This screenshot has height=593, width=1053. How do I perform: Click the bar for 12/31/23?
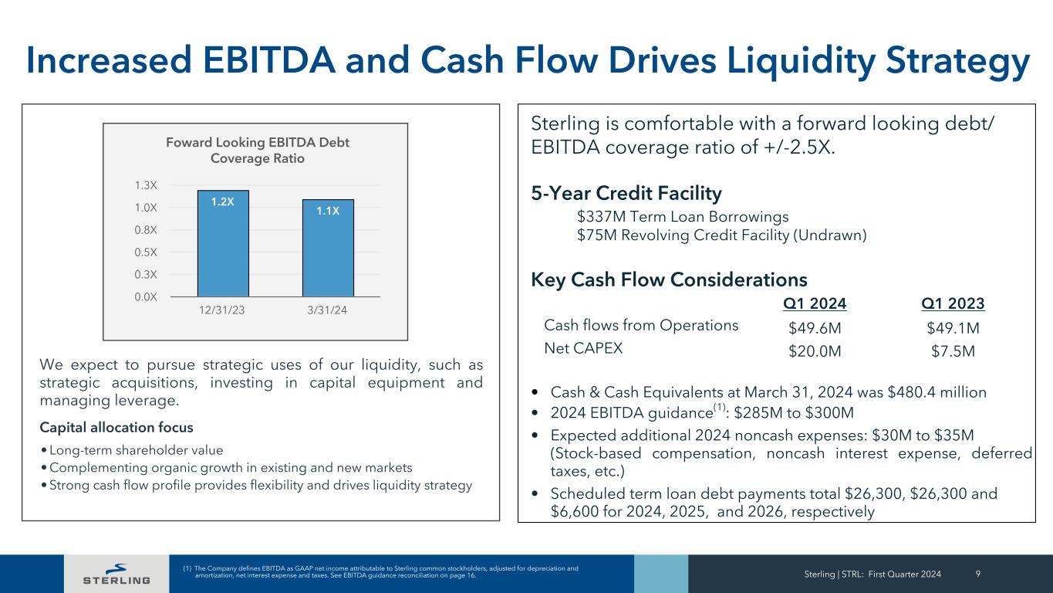(x=223, y=243)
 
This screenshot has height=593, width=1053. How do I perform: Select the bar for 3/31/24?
(x=328, y=248)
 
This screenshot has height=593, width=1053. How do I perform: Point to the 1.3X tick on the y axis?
(x=146, y=185)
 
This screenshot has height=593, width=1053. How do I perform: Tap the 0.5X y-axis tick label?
(x=146, y=252)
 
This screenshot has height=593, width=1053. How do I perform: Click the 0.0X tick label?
(x=146, y=296)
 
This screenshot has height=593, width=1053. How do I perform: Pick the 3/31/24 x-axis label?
(x=328, y=310)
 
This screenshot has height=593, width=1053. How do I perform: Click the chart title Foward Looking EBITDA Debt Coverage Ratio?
(x=258, y=151)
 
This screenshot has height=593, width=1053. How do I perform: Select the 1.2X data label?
(x=223, y=202)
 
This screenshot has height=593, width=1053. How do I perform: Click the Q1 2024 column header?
(x=815, y=303)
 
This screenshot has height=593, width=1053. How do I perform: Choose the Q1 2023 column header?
(x=953, y=303)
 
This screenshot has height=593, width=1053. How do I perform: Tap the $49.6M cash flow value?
(x=815, y=329)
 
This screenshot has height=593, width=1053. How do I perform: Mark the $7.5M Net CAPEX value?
(x=953, y=351)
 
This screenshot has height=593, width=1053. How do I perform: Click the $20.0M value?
(x=815, y=351)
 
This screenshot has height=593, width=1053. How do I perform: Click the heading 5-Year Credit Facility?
(x=626, y=193)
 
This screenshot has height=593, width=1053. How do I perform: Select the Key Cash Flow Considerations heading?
(x=669, y=279)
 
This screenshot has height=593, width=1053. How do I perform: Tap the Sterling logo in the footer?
(x=116, y=574)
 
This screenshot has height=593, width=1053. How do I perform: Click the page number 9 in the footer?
(x=978, y=574)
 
